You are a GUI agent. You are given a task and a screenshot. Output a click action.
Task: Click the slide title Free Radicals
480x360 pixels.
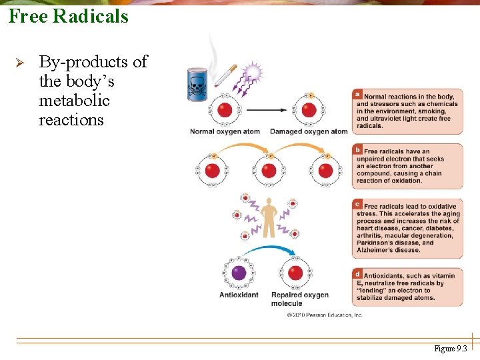coord(68,16)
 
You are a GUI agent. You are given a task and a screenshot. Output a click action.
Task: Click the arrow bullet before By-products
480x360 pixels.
coord(19,63)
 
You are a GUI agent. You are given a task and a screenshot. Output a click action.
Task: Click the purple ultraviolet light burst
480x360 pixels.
coord(253,72)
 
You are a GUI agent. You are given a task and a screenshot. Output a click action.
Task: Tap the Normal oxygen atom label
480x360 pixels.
coord(225,131)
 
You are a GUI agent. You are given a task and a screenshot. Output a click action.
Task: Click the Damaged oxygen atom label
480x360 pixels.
coord(309,131)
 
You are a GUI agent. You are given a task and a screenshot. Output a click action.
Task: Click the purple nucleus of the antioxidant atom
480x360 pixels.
coord(239,273)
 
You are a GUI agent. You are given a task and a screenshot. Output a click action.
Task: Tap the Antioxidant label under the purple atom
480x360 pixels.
coord(239,295)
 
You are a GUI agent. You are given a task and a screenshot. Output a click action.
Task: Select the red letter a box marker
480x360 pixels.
coord(358,94)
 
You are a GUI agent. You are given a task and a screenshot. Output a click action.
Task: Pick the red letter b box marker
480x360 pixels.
coord(358,149)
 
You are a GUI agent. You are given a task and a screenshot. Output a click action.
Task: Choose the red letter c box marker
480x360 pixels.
coord(358,204)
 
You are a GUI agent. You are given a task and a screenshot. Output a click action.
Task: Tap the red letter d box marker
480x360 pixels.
coord(358,273)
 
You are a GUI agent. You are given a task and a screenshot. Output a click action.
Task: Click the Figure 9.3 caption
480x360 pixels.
coord(451,349)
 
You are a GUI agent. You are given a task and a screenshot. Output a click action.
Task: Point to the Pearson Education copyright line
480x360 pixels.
coord(324,315)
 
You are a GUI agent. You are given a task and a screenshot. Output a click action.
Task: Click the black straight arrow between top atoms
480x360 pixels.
coord(267,110)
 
